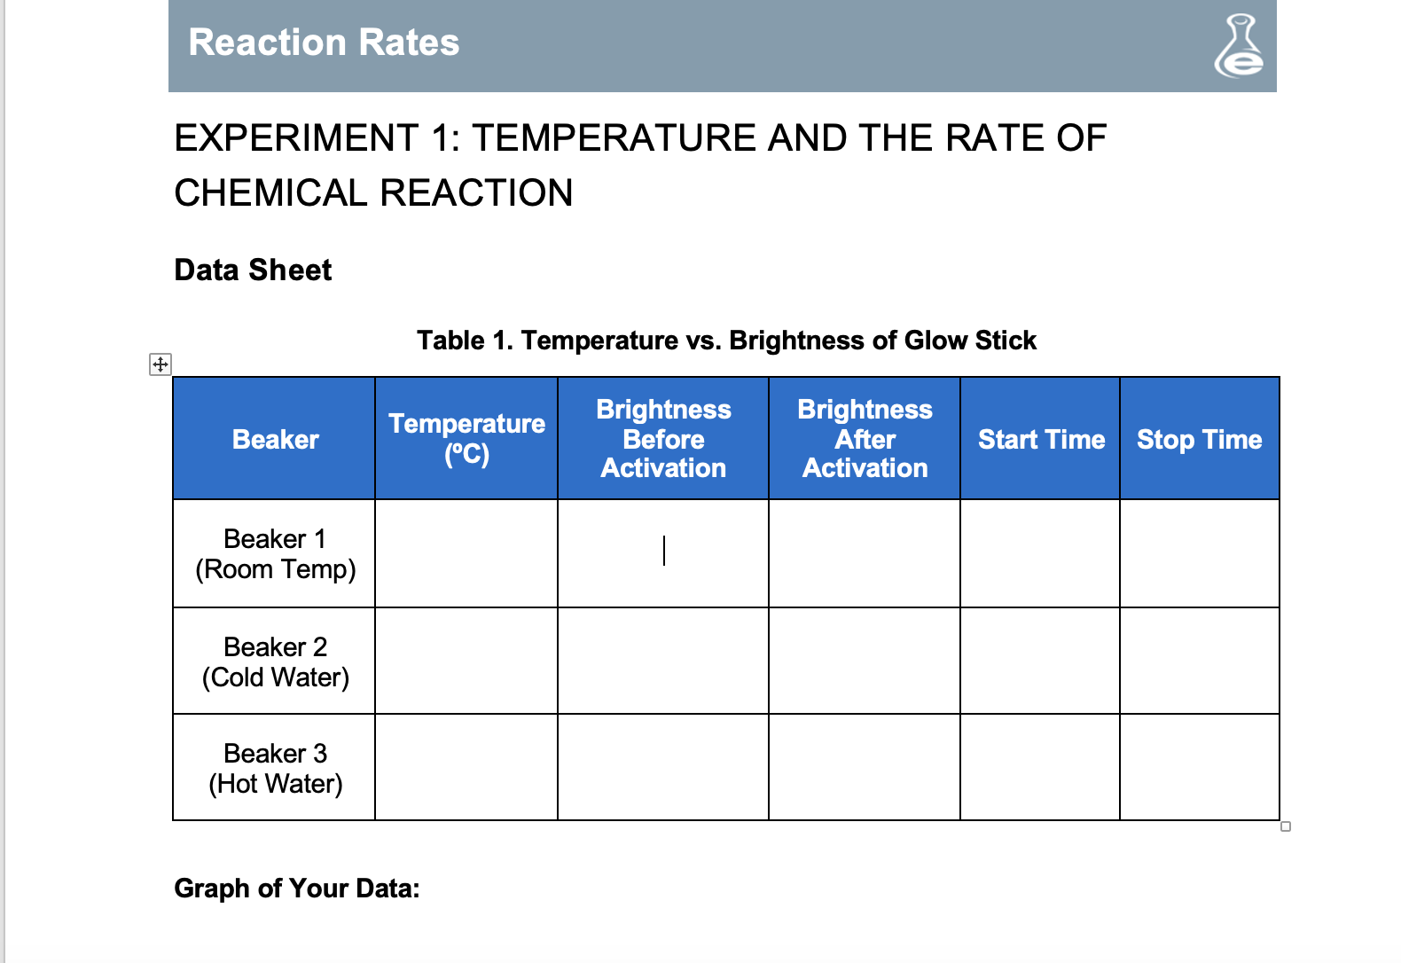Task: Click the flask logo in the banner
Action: point(1239,46)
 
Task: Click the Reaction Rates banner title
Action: point(324,43)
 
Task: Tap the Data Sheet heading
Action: point(253,270)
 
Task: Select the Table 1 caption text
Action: point(726,341)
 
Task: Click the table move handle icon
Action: point(160,364)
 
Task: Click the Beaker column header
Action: point(275,440)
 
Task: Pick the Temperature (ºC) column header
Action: point(466,438)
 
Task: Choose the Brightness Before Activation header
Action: point(663,438)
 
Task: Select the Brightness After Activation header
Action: point(865,438)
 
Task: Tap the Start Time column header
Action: point(1041,440)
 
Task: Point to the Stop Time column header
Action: point(1199,440)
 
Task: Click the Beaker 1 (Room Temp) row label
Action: point(275,553)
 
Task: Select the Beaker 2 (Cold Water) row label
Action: point(275,662)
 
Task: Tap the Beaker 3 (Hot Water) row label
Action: point(275,768)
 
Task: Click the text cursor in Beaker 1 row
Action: point(664,551)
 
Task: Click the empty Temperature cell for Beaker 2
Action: point(466,662)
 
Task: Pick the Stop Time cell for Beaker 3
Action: point(1199,768)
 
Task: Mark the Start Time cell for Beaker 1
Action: point(1040,553)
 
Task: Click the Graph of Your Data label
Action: point(296,889)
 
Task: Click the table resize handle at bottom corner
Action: point(1286,826)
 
